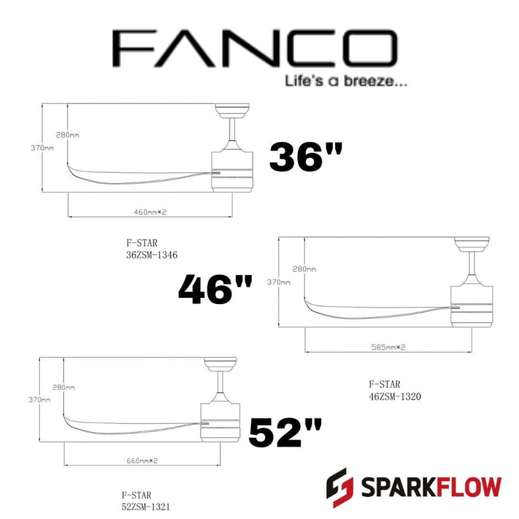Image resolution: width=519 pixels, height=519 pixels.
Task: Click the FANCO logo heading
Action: point(255,49)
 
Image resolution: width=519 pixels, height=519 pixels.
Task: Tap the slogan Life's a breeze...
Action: point(346,81)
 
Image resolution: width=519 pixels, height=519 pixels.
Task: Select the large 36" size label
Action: point(306,157)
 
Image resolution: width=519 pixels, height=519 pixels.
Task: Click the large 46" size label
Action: point(216,289)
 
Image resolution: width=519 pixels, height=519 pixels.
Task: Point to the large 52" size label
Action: point(285,432)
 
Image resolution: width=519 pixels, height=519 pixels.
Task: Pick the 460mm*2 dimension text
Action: point(150,212)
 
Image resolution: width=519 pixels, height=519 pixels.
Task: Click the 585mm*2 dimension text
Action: point(389,347)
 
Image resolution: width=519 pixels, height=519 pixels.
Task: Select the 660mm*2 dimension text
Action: point(142,460)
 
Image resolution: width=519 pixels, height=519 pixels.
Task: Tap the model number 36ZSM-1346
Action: point(151,255)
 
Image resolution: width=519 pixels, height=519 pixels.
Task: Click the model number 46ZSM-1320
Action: point(395,396)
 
